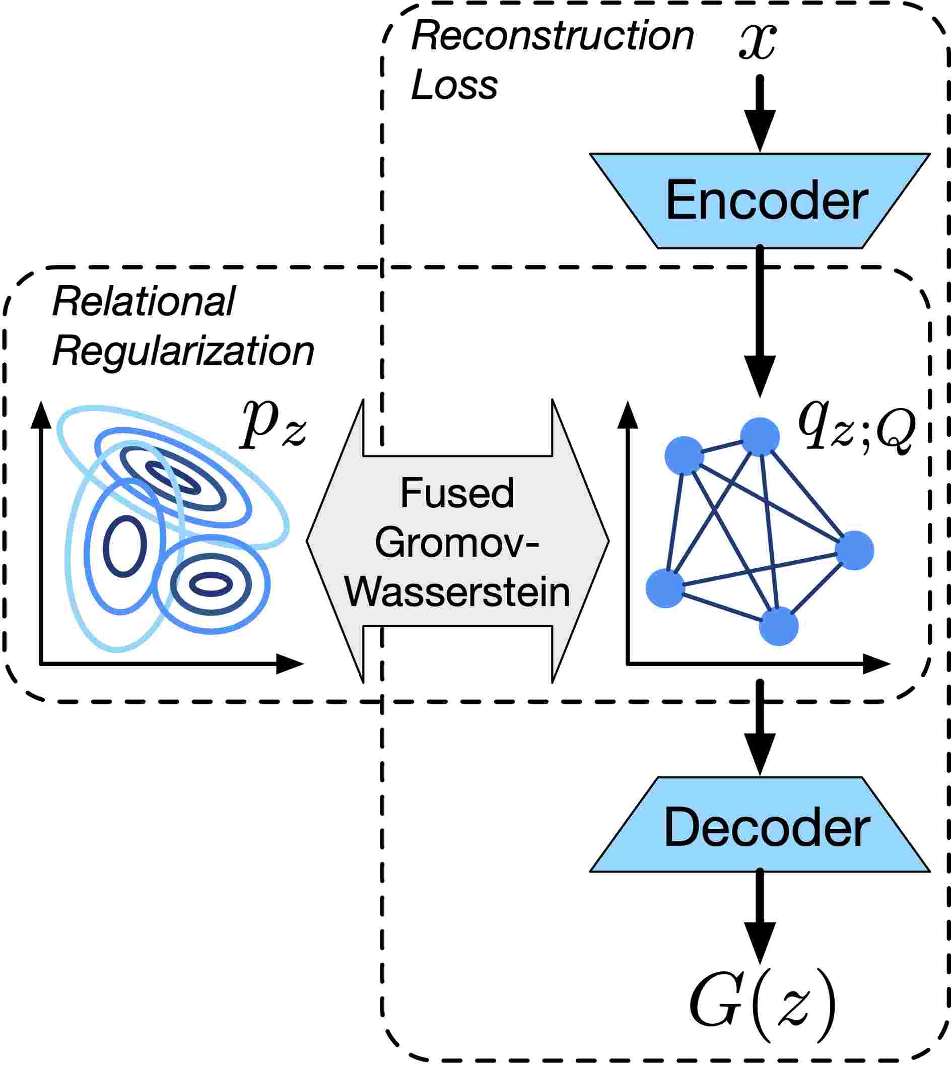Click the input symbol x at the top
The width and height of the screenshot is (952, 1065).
(x=758, y=42)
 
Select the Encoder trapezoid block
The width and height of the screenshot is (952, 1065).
(x=760, y=201)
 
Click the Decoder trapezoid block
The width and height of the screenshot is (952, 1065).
(x=760, y=827)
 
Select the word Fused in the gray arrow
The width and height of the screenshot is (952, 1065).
(x=457, y=493)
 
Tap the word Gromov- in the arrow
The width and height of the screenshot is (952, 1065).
(x=457, y=543)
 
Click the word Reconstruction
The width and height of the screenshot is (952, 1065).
(x=553, y=37)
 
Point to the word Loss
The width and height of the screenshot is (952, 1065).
(x=454, y=85)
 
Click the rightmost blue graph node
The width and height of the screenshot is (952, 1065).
(x=854, y=550)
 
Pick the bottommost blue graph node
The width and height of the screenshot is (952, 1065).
(x=778, y=626)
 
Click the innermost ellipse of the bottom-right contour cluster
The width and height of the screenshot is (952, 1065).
(x=211, y=584)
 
